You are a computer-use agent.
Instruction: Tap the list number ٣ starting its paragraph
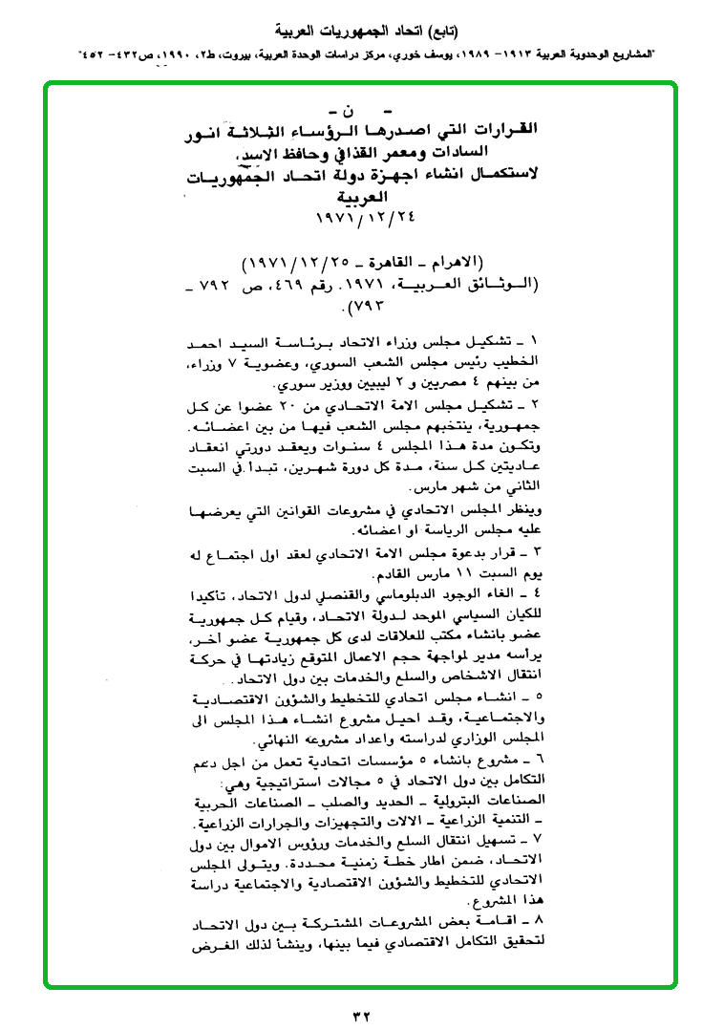coord(536,554)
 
